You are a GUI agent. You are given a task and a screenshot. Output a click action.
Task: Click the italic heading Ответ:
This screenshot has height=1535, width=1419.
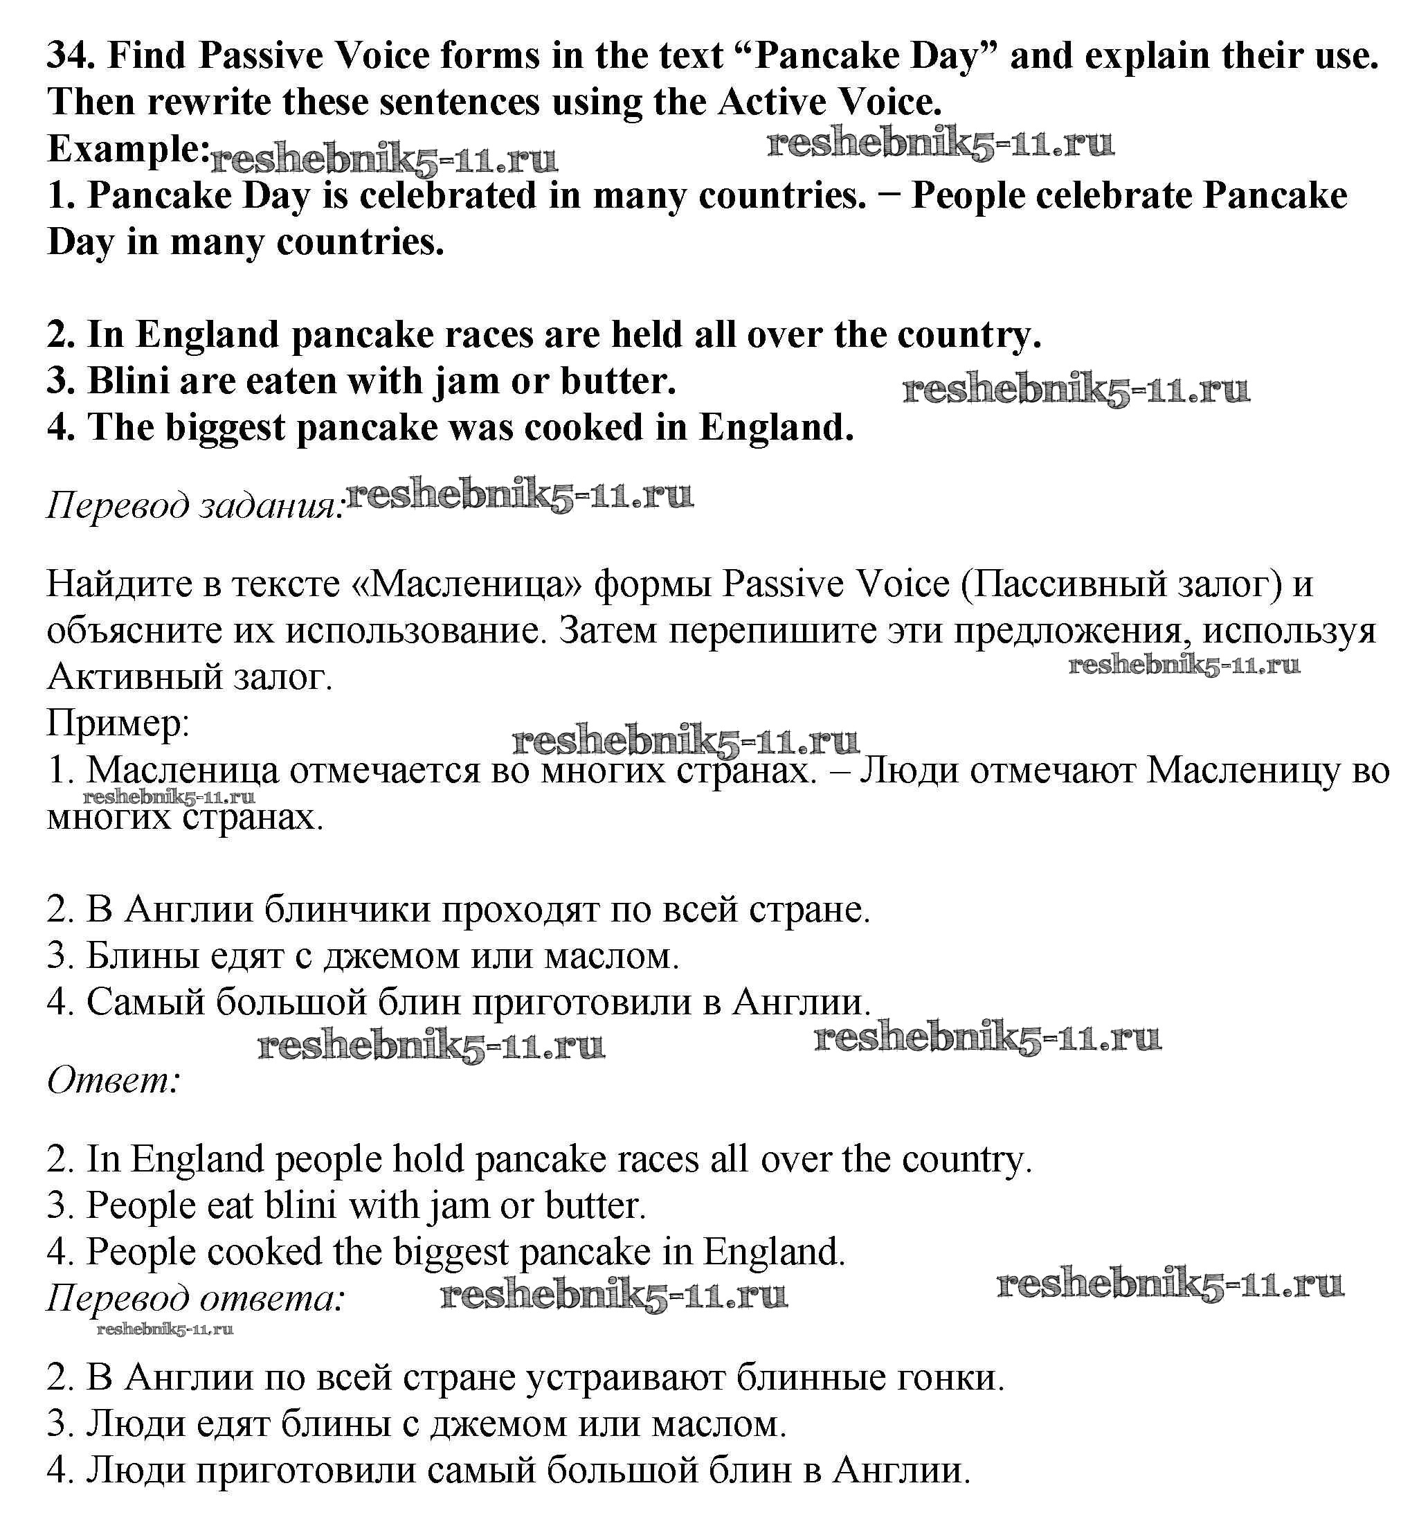tap(114, 1082)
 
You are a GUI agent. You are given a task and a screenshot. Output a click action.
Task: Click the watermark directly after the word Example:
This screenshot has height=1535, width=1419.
tap(384, 160)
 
